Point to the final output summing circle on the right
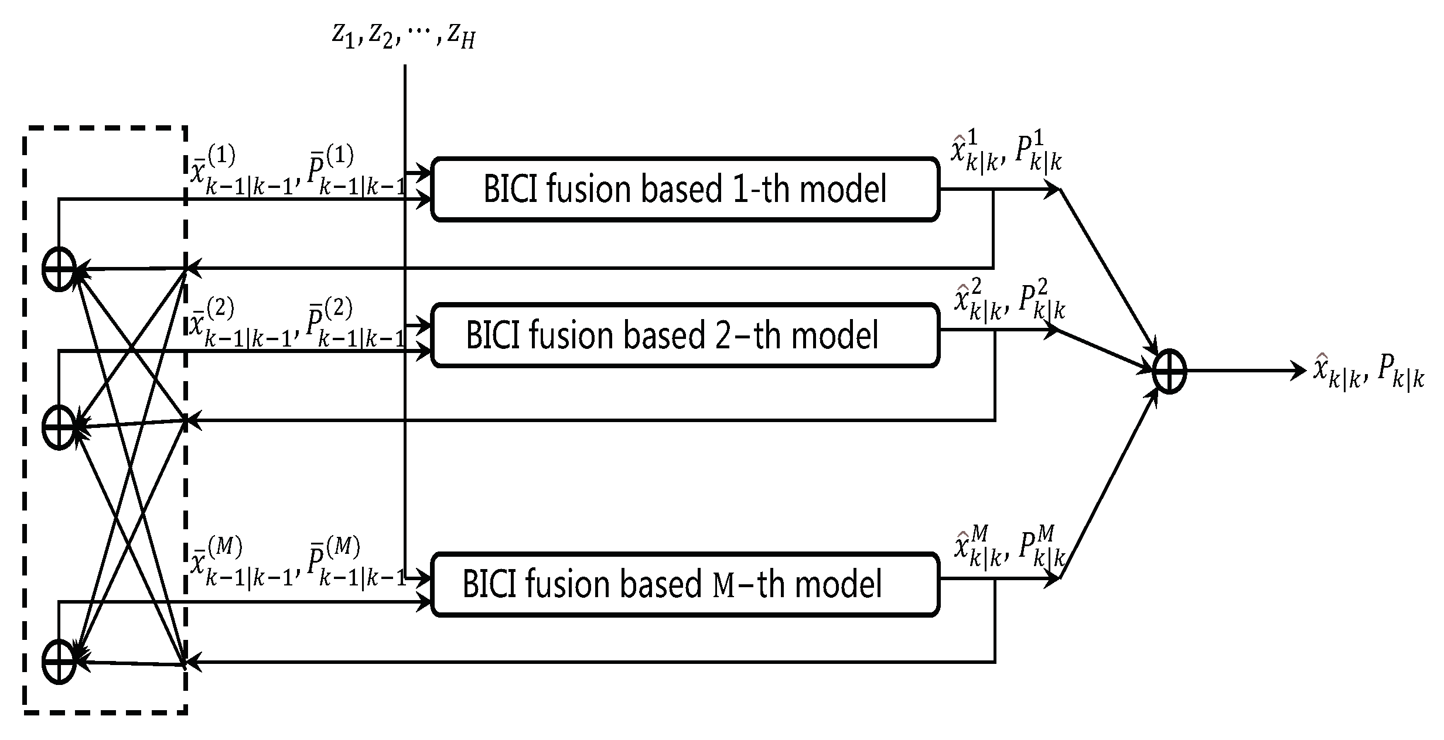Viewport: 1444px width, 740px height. (x=1169, y=371)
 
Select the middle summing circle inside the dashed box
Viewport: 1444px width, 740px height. (x=59, y=427)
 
